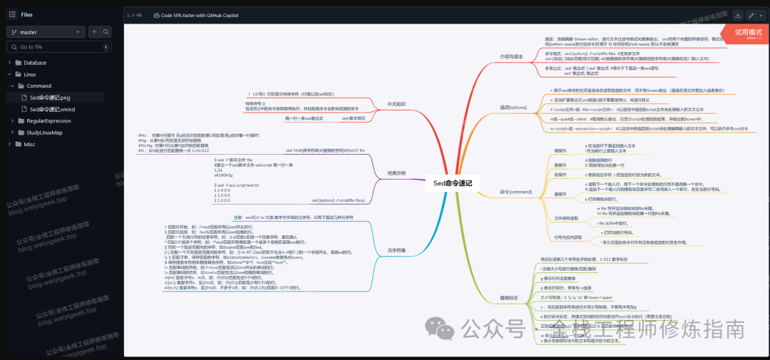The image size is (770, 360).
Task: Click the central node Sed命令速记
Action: point(453,183)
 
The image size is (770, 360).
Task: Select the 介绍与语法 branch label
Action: point(511,55)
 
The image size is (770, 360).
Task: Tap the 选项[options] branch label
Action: point(513,107)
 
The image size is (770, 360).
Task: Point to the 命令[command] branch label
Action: point(515,192)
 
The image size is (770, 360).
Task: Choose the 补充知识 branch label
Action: point(396,104)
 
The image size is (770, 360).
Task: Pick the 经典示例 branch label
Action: point(397,173)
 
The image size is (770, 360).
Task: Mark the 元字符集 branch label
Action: point(397,250)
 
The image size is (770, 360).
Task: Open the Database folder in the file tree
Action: point(34,63)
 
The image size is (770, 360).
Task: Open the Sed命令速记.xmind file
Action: point(52,109)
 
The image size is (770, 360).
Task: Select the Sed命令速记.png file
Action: point(50,98)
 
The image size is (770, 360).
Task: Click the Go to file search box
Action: point(57,47)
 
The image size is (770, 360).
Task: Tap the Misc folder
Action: point(29,144)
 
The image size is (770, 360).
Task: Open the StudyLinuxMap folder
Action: point(44,133)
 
